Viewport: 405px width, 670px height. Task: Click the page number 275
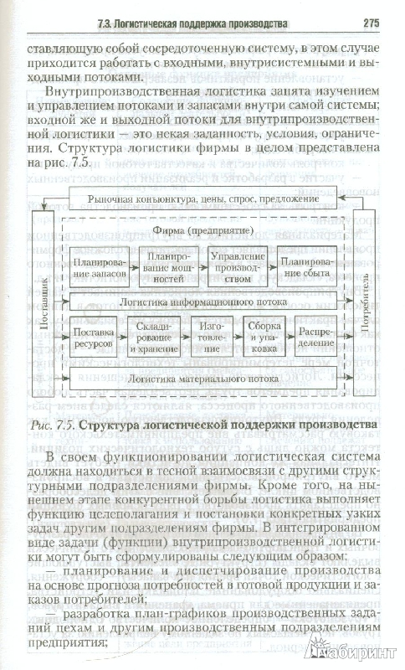[371, 23]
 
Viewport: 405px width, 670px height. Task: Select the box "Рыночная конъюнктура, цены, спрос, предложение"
[203, 199]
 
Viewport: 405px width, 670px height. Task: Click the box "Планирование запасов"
[100, 266]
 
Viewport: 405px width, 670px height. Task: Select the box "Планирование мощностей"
[169, 266]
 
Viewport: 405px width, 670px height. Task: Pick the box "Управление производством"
[238, 266]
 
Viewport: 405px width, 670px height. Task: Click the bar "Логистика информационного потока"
[203, 301]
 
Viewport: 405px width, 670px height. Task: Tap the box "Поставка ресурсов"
[94, 338]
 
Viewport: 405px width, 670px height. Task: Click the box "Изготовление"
[212, 338]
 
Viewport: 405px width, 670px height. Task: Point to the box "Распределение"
[316, 338]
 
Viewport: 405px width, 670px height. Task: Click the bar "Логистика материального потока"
[203, 379]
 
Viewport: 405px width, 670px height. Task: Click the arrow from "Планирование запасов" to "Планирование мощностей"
[135, 266]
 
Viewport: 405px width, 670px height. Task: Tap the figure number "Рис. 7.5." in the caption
[54, 425]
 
